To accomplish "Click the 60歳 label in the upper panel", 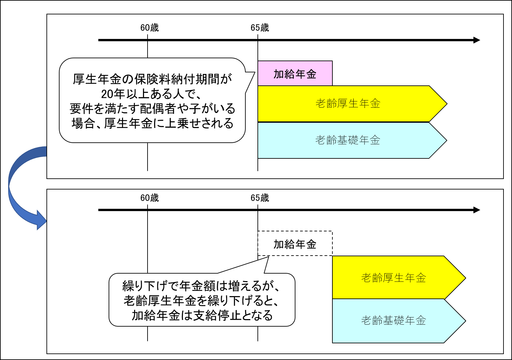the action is click(x=150, y=28).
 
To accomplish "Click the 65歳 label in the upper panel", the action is click(x=260, y=28).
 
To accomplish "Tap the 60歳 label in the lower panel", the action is click(x=150, y=198).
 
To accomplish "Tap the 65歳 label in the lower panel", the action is click(x=260, y=198).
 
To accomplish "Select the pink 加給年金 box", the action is click(x=295, y=74).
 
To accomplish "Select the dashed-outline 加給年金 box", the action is click(x=295, y=244).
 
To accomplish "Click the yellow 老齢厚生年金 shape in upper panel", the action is click(x=348, y=104).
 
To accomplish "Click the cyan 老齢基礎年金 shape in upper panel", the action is click(x=348, y=140).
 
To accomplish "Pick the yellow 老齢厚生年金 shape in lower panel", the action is click(x=394, y=278).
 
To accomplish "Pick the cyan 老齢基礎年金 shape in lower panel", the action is click(x=394, y=321).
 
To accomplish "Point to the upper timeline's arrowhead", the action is click(x=477, y=40).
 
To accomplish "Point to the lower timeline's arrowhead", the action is click(x=477, y=210).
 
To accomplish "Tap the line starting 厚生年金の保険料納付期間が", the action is click(x=152, y=79).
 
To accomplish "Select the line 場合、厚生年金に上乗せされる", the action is click(x=152, y=123).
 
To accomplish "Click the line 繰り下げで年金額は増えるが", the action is click(x=201, y=286).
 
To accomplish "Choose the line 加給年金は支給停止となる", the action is click(x=202, y=315).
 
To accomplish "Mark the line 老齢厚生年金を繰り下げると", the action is click(x=201, y=300).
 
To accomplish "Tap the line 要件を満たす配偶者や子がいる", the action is click(x=152, y=109).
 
